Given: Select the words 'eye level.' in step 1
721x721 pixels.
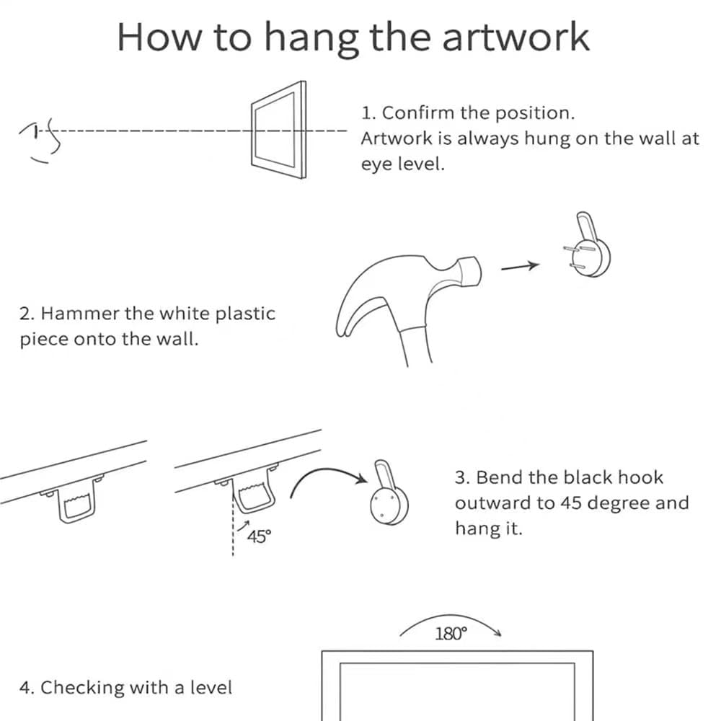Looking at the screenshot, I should point(403,164).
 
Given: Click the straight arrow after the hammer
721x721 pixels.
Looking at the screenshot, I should point(520,266).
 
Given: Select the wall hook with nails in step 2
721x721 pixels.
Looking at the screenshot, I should point(589,249).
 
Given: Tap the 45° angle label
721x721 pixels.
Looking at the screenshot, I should point(259,536).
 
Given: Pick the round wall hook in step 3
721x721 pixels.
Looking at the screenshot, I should point(387,497).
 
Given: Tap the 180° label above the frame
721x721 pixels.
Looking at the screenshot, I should point(451,634).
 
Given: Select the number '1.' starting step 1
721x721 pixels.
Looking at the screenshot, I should point(368,113).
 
